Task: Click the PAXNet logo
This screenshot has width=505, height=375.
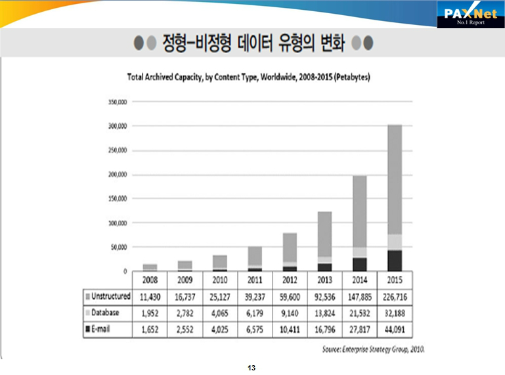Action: (x=470, y=14)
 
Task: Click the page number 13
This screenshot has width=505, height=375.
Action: (x=251, y=367)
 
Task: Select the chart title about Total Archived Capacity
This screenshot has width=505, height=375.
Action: (x=248, y=77)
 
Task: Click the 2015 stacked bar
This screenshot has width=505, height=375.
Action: (x=394, y=197)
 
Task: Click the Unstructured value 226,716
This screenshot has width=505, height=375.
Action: (x=394, y=297)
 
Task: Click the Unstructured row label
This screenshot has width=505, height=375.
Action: (x=109, y=296)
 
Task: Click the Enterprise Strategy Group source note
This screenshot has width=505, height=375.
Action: (x=373, y=349)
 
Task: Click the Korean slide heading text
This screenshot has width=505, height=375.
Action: (x=253, y=44)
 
